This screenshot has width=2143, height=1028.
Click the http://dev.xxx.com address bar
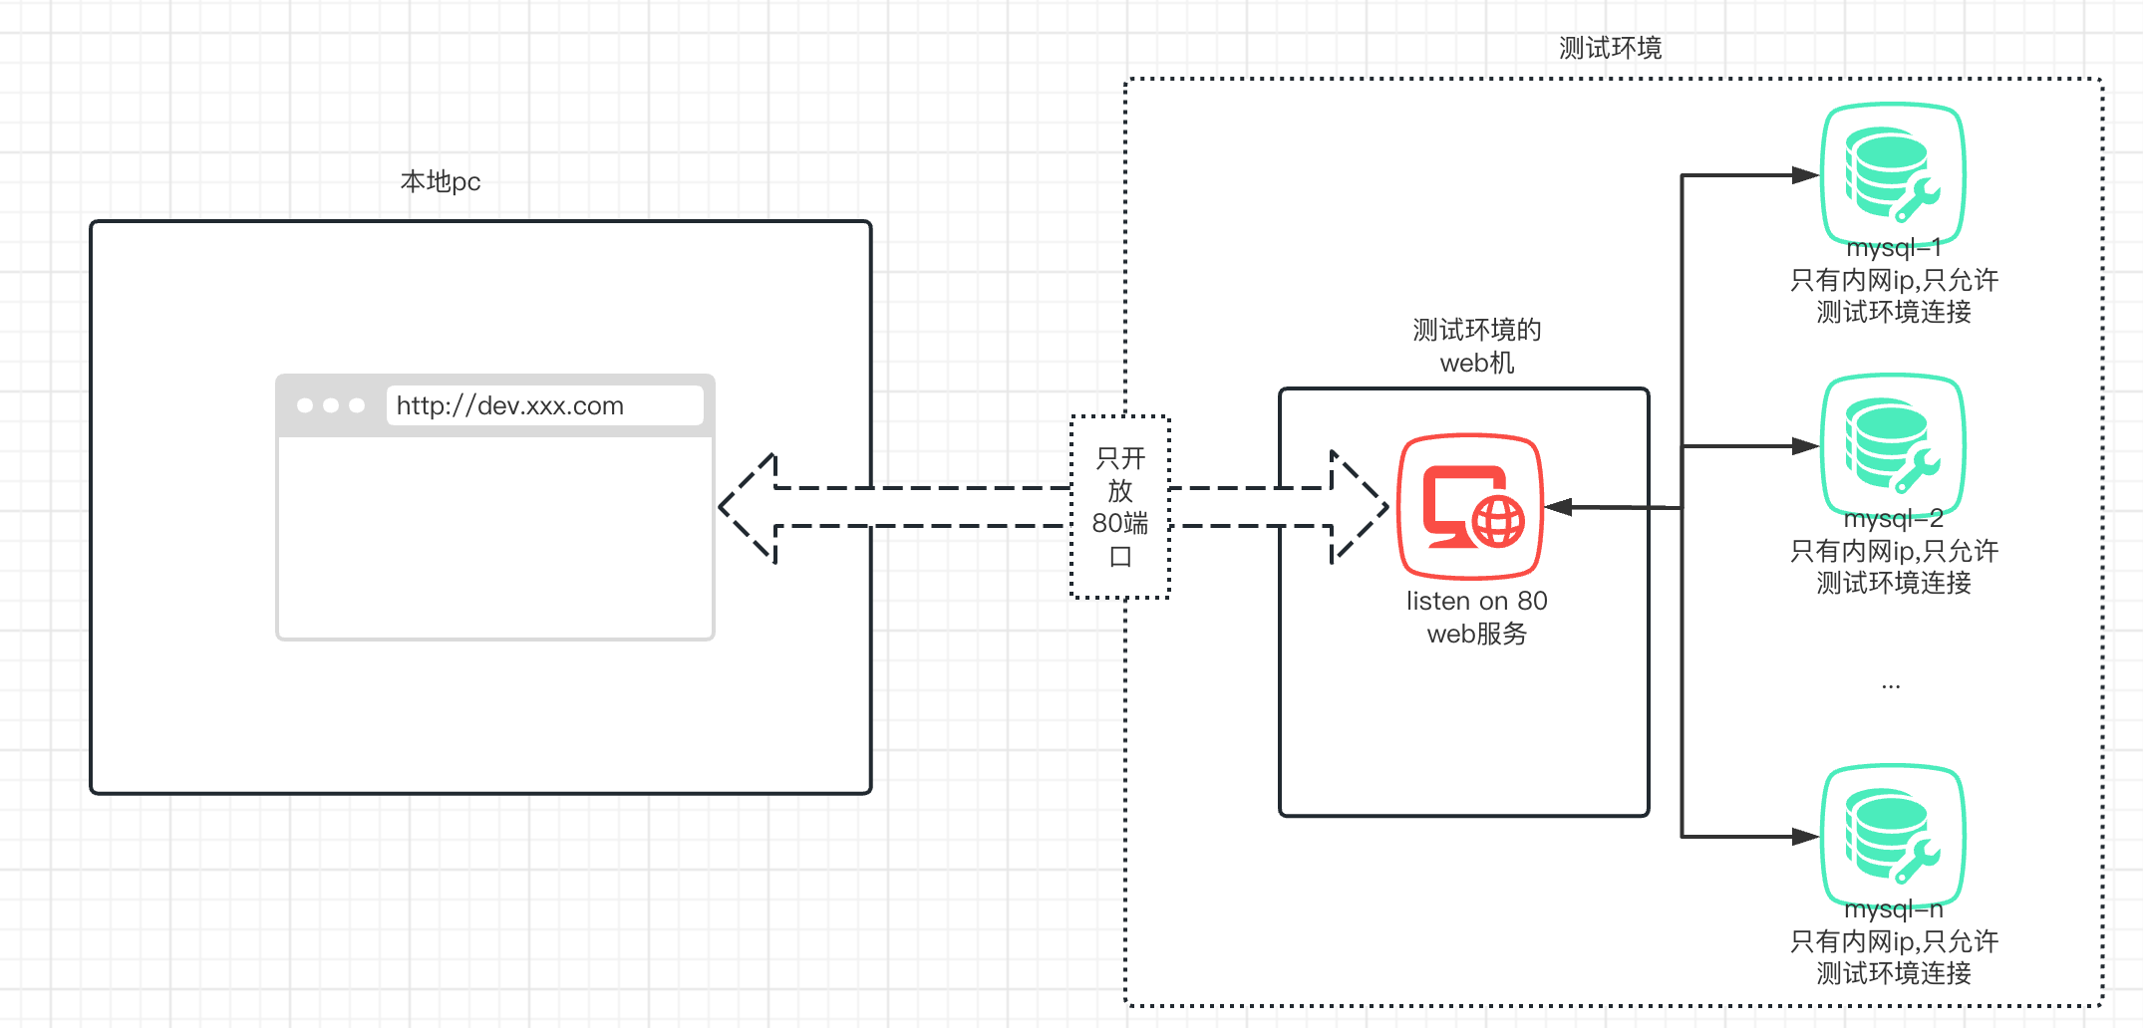point(544,405)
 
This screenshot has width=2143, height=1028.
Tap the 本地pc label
point(441,181)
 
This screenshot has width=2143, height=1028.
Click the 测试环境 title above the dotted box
point(1610,48)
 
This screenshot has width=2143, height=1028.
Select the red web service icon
point(1470,506)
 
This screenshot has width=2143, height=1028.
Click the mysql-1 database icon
point(1892,175)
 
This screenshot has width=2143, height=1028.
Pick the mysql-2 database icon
point(1892,446)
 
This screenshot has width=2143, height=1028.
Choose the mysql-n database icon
point(1892,837)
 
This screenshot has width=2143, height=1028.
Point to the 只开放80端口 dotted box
point(1120,507)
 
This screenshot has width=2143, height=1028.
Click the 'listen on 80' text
point(1476,601)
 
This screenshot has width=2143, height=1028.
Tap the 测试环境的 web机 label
point(1476,346)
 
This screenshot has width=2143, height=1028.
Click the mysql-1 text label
point(1893,247)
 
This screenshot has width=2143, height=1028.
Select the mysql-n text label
point(1893,908)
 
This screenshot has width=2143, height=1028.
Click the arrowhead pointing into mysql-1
point(1806,175)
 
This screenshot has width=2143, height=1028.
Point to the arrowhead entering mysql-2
point(1806,446)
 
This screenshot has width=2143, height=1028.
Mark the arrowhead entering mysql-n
point(1806,837)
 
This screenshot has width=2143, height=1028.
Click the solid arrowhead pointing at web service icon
point(1558,507)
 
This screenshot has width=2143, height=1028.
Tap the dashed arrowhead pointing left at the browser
point(748,507)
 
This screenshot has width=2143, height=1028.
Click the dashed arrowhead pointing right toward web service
point(1360,507)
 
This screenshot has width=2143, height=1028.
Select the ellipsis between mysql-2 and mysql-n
point(1891,686)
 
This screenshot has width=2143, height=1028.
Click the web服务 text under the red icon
point(1476,634)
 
